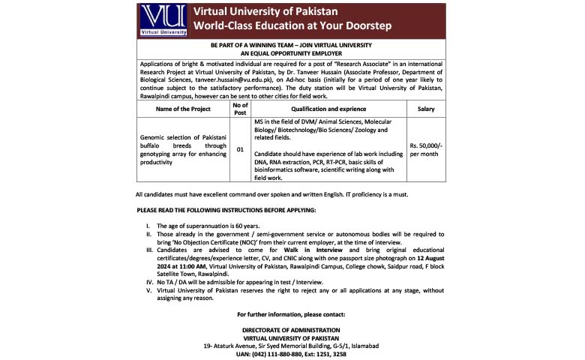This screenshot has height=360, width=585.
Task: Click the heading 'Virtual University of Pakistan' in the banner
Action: pyautogui.click(x=265, y=12)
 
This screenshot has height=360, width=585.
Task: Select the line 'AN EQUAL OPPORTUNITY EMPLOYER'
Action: pyautogui.click(x=292, y=54)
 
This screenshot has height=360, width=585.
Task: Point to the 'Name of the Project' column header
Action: pyautogui.click(x=183, y=109)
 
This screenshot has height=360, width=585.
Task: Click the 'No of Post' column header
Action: pyautogui.click(x=240, y=109)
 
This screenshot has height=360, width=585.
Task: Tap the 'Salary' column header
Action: pyautogui.click(x=425, y=109)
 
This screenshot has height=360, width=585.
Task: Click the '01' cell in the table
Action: pyautogui.click(x=240, y=150)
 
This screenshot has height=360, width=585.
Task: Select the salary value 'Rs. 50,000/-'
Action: pyautogui.click(x=425, y=145)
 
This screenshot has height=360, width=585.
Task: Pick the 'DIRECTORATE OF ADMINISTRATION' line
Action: pyautogui.click(x=291, y=330)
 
